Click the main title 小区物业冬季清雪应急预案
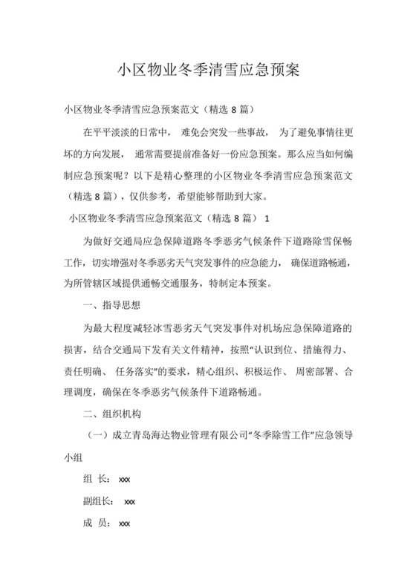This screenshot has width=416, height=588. pyautogui.click(x=208, y=71)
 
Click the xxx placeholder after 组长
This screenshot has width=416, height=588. pyautogui.click(x=124, y=480)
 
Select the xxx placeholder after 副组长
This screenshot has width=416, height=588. pyautogui.click(x=130, y=501)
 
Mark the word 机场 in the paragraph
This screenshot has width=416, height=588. pyautogui.click(x=273, y=327)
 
